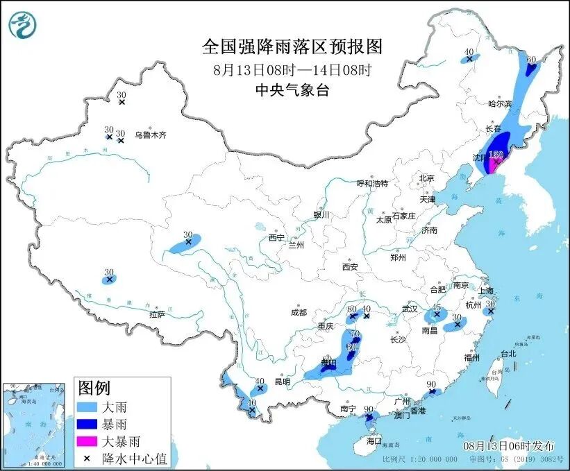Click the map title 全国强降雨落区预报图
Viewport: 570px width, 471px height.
click(x=292, y=46)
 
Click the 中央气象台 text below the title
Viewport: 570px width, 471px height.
click(x=292, y=89)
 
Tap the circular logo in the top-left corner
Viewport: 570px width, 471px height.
click(x=22, y=25)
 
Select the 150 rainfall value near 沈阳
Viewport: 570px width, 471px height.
click(x=496, y=155)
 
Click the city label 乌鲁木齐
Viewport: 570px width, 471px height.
click(x=151, y=135)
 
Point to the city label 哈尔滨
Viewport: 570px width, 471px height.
click(x=498, y=103)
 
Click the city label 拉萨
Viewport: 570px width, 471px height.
click(x=157, y=314)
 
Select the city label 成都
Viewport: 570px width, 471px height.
click(x=299, y=312)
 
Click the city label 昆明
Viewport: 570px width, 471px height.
click(x=283, y=382)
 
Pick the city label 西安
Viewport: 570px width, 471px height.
click(x=349, y=266)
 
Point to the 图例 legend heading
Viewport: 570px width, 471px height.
click(x=94, y=387)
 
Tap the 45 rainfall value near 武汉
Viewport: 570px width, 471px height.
click(x=437, y=306)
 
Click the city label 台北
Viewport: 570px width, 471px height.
click(x=508, y=353)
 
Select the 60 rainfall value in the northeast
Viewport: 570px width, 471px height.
click(x=531, y=60)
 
